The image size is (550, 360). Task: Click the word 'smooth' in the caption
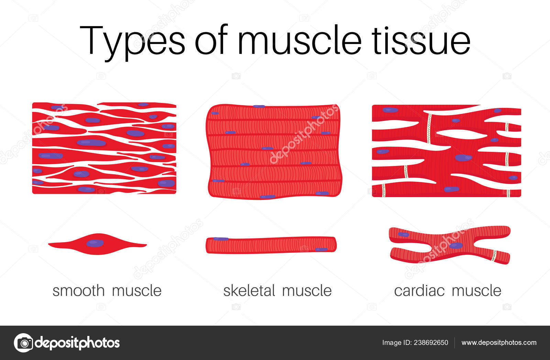pos(78,291)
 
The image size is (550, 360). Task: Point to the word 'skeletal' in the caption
pos(249,291)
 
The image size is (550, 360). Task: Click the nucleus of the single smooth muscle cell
pos(95,243)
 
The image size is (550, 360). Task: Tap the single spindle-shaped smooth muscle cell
pos(69,245)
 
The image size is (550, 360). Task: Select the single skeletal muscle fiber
pos(271,245)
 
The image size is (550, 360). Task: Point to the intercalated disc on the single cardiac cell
pos(494,256)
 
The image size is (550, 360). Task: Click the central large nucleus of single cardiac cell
pos(456,245)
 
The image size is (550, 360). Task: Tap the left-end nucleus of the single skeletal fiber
pos(221,239)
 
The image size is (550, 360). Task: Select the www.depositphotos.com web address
pos(499,342)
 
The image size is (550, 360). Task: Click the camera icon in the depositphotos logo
pos(23,342)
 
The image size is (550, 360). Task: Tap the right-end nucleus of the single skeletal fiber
pos(321,249)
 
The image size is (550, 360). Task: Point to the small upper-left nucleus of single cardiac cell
pos(403,235)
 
